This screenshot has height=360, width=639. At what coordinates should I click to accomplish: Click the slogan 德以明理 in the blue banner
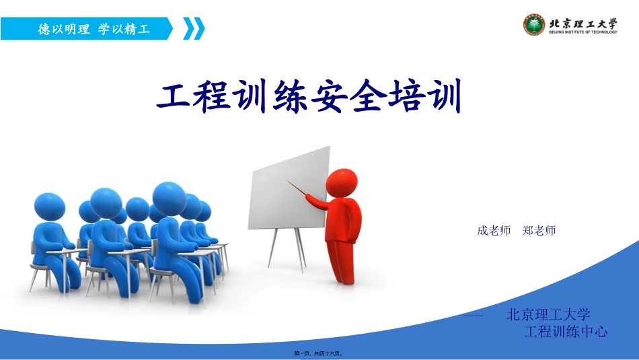coord(64,30)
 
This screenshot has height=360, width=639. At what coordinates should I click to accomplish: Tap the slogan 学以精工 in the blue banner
coord(124,30)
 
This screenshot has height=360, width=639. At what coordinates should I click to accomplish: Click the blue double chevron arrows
coord(194,29)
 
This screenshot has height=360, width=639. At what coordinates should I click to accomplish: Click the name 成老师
coord(494,231)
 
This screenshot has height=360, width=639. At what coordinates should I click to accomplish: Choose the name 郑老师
coord(539,231)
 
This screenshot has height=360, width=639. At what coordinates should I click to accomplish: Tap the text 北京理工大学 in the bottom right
coord(548,314)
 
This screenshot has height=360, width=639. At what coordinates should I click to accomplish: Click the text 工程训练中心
coord(566,332)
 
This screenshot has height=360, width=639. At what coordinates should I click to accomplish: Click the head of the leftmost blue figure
coord(48,207)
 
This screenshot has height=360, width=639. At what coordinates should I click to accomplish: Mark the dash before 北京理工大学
coord(474,315)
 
